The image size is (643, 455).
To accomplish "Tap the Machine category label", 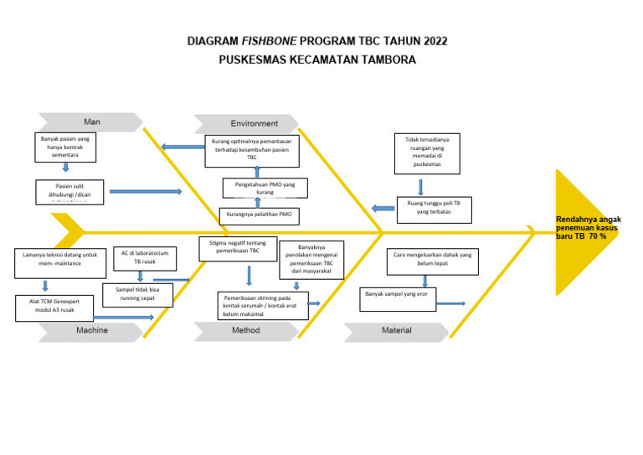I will [x=92, y=331].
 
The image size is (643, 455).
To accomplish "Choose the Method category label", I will [x=245, y=331].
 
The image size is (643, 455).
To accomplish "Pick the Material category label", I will [x=397, y=331].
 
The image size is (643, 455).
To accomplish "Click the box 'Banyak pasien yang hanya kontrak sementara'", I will [x=66, y=147].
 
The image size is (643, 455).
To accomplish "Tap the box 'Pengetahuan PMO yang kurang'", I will [x=265, y=188].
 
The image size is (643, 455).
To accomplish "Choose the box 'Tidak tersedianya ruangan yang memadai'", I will [x=427, y=154].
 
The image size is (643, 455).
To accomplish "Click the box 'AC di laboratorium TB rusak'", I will [x=145, y=258].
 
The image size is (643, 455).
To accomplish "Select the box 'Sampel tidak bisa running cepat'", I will [x=137, y=294].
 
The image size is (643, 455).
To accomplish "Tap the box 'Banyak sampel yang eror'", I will [x=398, y=298].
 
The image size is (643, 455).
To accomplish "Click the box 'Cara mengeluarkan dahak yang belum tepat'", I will [x=432, y=261].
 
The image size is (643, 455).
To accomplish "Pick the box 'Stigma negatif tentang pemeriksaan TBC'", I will [x=238, y=248].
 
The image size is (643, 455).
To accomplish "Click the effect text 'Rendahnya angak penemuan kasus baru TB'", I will [x=589, y=228].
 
